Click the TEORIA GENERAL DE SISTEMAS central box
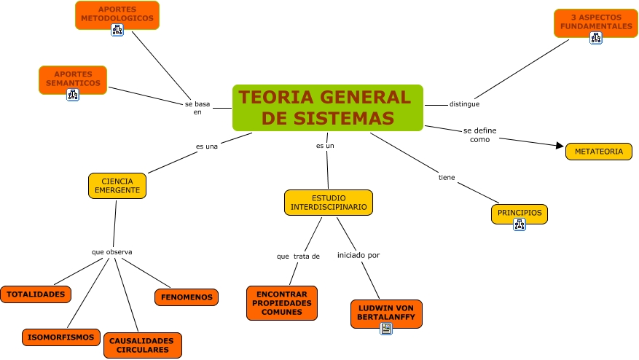click(x=327, y=107)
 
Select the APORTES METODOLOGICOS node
click(x=117, y=13)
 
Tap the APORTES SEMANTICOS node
click(x=72, y=77)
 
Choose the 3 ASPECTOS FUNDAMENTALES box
click(x=595, y=21)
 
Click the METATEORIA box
click(x=598, y=152)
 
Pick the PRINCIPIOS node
click(x=520, y=212)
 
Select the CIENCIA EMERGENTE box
click(x=117, y=186)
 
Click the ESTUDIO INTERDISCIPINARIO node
click(x=328, y=202)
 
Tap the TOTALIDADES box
click(x=36, y=294)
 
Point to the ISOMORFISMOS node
click(x=61, y=337)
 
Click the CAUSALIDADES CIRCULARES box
click(x=141, y=345)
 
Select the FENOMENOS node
click(x=186, y=297)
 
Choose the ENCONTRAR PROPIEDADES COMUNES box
click(x=281, y=302)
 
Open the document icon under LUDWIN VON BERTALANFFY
click(x=386, y=329)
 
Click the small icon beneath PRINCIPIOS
click(x=520, y=224)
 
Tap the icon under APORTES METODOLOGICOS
click(x=117, y=29)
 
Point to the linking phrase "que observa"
click(x=111, y=252)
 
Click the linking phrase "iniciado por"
click(x=358, y=255)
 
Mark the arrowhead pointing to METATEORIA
click(x=560, y=145)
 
